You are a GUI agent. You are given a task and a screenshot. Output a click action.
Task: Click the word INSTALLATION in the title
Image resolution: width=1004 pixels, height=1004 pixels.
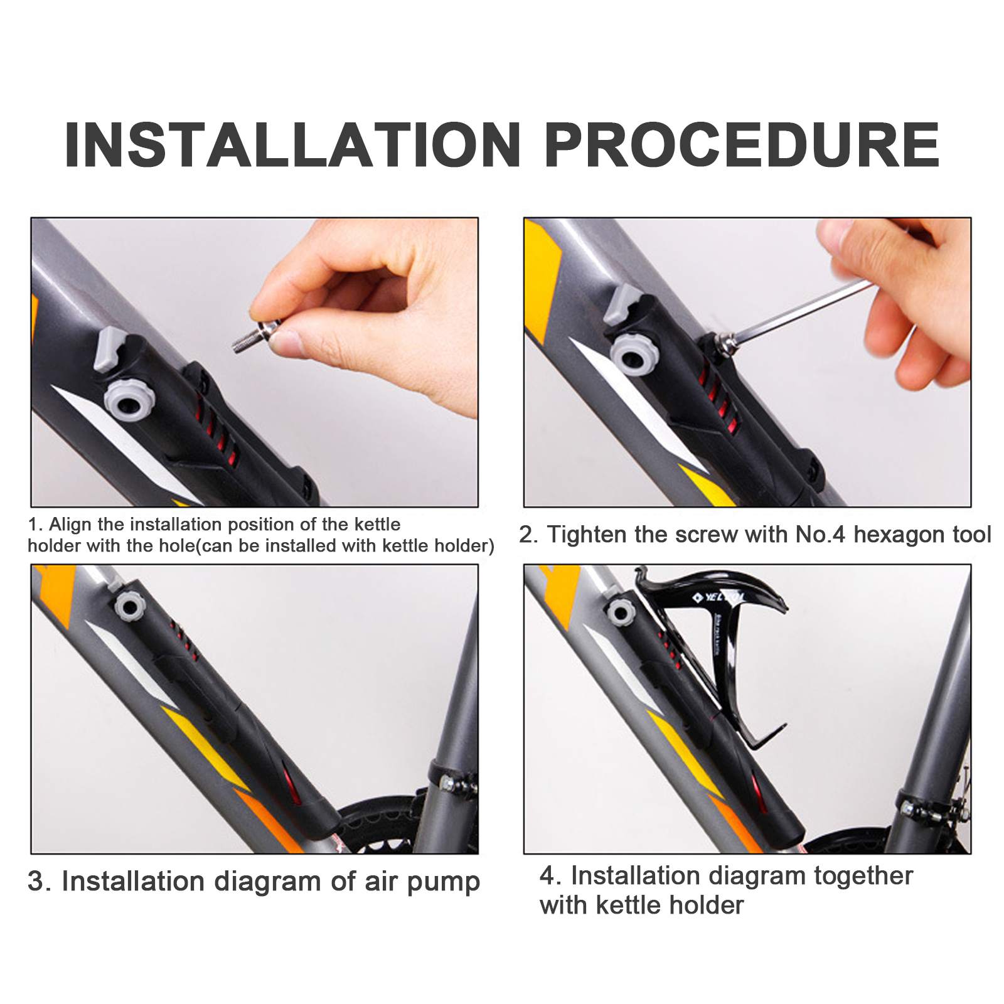pyautogui.click(x=292, y=145)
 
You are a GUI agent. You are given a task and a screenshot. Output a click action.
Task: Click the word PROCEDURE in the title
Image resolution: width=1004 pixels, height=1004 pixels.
pyautogui.click(x=742, y=145)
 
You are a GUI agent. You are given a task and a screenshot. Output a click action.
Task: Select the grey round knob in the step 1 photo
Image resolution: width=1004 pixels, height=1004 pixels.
pyautogui.click(x=129, y=400)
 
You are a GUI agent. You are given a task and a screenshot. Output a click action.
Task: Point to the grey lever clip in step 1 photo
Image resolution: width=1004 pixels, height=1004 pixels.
pyautogui.click(x=108, y=349)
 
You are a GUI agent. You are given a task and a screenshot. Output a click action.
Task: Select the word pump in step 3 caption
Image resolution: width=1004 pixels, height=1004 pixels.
pyautogui.click(x=444, y=883)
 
